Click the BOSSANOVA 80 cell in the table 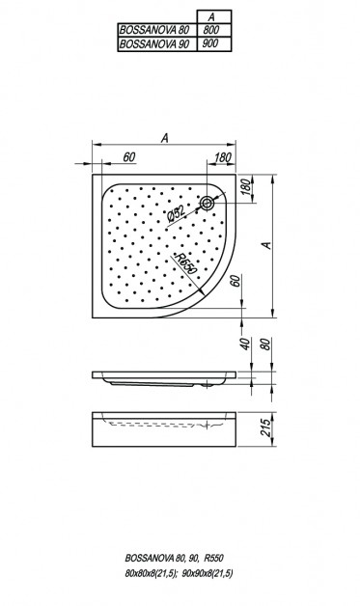click(157, 30)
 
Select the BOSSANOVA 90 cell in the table click(157, 43)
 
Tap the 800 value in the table click(211, 30)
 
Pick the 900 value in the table click(211, 43)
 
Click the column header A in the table click(211, 17)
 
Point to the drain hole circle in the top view click(208, 203)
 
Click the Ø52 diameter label click(176, 213)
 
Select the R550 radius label click(185, 263)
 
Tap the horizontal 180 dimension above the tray click(222, 157)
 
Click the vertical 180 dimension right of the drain click(246, 188)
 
